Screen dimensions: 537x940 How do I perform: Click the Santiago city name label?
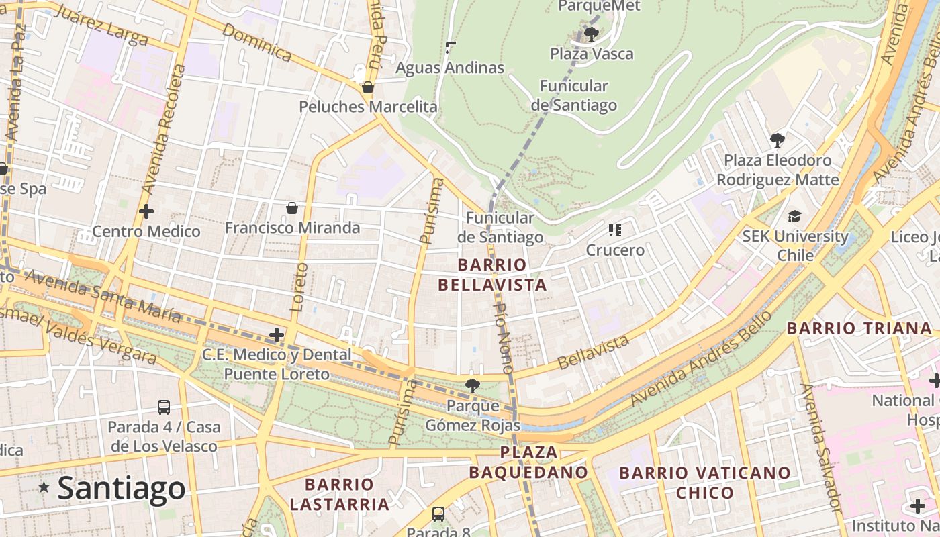(122, 488)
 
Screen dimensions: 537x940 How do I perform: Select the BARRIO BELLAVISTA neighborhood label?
(492, 275)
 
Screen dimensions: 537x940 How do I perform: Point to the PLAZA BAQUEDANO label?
(528, 462)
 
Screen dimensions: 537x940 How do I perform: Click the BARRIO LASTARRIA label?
(339, 494)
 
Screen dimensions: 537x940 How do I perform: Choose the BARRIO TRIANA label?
(859, 328)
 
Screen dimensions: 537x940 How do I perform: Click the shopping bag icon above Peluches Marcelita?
(367, 87)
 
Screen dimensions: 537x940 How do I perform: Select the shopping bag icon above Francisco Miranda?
(292, 208)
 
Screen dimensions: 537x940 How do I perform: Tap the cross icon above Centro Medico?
(146, 212)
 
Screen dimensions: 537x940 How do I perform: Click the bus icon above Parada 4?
(164, 407)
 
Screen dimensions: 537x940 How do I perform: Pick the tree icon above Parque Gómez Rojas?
(473, 385)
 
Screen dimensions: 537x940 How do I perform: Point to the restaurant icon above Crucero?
(615, 230)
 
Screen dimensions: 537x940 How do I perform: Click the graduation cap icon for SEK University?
(795, 216)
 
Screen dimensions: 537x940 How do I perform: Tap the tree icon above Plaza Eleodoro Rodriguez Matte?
(778, 140)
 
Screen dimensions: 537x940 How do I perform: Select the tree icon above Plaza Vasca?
(592, 34)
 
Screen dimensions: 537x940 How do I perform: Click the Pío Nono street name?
(504, 338)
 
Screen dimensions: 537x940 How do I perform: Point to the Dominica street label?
(256, 43)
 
